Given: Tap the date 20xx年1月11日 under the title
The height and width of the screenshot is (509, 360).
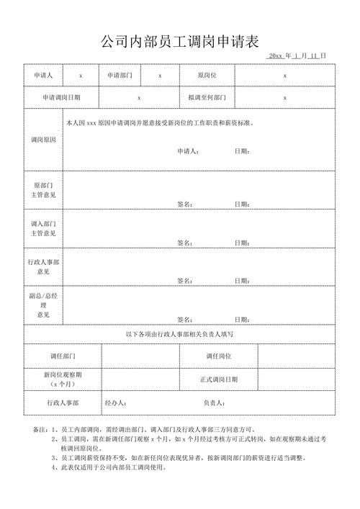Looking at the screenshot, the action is pyautogui.click(x=297, y=55).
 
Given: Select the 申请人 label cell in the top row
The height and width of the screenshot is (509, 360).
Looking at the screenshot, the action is pyautogui.click(x=43, y=75).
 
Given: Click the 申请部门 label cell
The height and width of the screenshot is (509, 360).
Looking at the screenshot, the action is pyautogui.click(x=120, y=75).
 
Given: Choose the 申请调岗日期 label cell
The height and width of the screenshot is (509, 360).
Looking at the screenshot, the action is pyautogui.click(x=61, y=97).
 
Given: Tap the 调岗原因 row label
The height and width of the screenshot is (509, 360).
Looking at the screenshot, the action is pyautogui.click(x=43, y=139).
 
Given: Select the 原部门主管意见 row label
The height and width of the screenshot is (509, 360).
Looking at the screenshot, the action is pyautogui.click(x=43, y=190).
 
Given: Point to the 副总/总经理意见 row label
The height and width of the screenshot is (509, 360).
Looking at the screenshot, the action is pyautogui.click(x=43, y=305).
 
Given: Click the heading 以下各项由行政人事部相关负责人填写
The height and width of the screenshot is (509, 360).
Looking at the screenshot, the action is pyautogui.click(x=179, y=335).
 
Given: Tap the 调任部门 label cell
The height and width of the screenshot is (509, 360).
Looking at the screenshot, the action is pyautogui.click(x=63, y=356).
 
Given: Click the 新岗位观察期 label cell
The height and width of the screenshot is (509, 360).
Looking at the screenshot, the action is pyautogui.click(x=63, y=379).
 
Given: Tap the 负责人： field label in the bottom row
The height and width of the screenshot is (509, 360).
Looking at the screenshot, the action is pyautogui.click(x=215, y=403).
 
